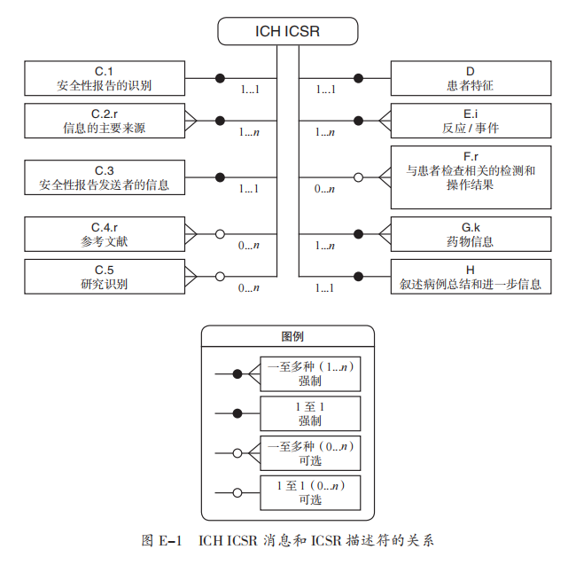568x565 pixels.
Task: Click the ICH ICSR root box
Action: tap(288, 33)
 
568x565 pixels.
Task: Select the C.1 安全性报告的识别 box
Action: tap(104, 78)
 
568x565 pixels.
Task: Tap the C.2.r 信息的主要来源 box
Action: tap(104, 121)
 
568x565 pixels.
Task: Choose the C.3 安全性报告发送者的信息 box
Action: tap(104, 177)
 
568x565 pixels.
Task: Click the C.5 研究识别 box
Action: tap(104, 277)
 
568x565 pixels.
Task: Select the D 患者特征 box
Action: tap(471, 78)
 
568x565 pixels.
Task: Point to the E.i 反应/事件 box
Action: tap(471, 121)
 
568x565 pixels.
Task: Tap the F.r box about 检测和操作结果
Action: tap(471, 177)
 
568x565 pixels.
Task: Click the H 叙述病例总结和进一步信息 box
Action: tap(471, 277)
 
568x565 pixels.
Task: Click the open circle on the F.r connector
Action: tap(358, 177)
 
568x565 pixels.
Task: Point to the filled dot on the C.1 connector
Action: tap(220, 78)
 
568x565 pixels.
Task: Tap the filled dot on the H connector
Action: tap(358, 277)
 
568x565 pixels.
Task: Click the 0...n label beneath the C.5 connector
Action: tap(249, 288)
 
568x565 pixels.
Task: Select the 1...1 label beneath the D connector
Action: tap(325, 90)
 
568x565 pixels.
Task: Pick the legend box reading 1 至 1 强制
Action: tap(309, 413)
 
